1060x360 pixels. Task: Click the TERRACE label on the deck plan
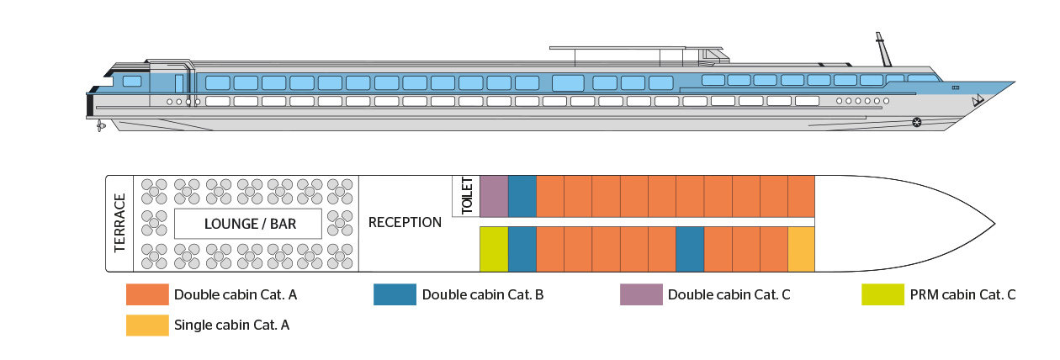click(119, 223)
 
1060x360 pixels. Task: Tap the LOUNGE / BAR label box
click(248, 224)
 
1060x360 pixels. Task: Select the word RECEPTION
click(405, 223)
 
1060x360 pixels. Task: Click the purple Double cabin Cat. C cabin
click(494, 196)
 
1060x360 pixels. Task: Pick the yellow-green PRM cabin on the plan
click(494, 249)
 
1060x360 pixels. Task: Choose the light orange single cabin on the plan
click(801, 249)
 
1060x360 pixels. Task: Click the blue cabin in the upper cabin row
click(522, 196)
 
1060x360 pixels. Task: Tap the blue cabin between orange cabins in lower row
click(690, 249)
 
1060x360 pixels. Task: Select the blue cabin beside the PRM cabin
click(522, 249)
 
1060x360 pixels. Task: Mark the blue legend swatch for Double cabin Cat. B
click(395, 295)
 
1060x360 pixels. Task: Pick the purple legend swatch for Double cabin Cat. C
click(640, 295)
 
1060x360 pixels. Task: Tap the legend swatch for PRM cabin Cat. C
click(882, 295)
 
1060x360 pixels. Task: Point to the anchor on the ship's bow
click(978, 102)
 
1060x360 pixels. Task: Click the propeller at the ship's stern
click(99, 125)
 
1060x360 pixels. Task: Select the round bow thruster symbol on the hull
click(916, 123)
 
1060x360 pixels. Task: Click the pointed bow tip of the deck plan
click(994, 223)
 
